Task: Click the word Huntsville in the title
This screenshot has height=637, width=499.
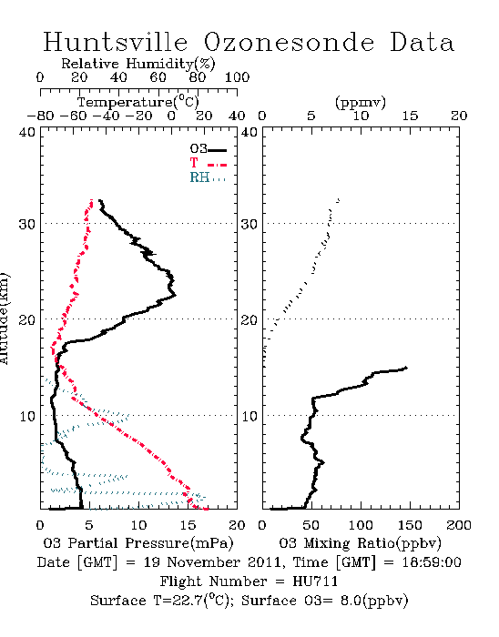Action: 116,42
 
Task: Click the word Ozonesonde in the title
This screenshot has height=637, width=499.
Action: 288,42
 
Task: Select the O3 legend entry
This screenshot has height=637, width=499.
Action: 209,149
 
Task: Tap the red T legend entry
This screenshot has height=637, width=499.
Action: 209,163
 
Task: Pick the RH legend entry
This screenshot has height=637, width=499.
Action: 208,177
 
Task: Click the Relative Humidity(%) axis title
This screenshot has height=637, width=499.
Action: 138,64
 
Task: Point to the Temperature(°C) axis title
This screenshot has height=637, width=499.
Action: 138,102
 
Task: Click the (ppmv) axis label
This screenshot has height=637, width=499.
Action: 361,103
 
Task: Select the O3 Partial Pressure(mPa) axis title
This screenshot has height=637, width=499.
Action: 138,543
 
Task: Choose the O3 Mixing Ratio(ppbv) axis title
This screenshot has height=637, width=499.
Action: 361,543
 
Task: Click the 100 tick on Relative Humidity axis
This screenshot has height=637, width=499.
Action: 237,77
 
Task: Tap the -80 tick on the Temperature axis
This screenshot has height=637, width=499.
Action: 40,116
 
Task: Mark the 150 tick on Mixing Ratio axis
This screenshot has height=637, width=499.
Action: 410,525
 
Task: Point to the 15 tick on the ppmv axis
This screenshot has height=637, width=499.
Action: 410,116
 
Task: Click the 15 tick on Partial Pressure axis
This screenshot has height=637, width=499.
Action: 188,525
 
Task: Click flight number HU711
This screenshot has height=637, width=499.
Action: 315,581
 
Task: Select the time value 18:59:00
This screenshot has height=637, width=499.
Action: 432,562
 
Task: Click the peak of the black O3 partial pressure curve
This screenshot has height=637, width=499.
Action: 176,295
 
